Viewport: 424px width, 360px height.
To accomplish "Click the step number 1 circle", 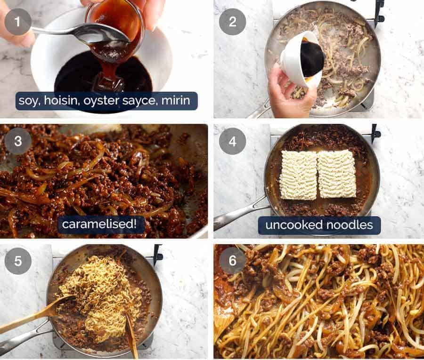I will point(18,22).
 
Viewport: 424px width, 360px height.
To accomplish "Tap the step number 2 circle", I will point(232,22).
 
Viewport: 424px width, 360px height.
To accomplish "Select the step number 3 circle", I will point(18,141).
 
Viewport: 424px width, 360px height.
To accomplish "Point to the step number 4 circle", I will point(232,141).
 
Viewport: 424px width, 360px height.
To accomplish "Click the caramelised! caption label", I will point(101,224).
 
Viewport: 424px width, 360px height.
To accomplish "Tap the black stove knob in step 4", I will point(375,133).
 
